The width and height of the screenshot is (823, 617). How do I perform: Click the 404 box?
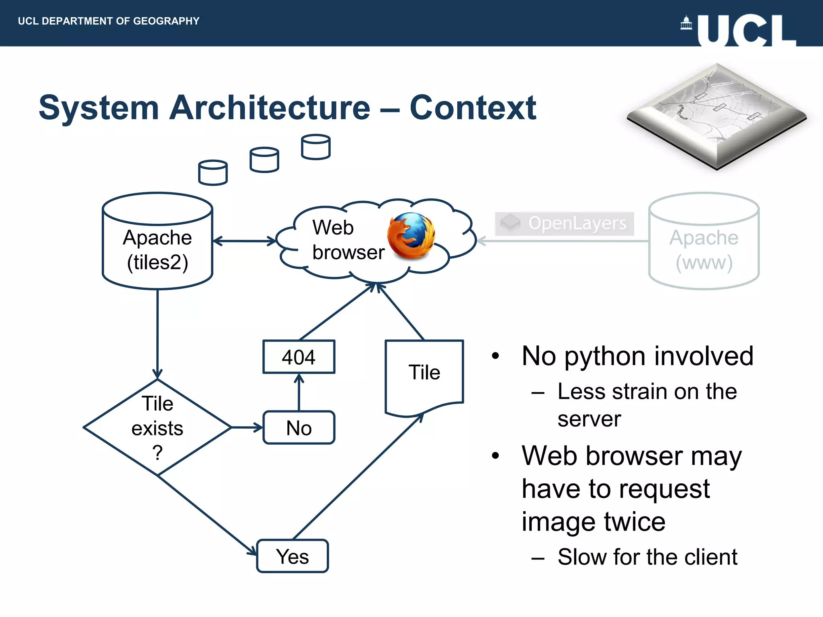[299, 357]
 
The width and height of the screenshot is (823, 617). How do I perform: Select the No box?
[299, 427]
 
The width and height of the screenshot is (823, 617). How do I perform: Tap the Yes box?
[293, 556]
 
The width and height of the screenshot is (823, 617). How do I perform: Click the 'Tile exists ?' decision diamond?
[157, 427]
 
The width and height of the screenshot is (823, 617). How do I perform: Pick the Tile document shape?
[424, 376]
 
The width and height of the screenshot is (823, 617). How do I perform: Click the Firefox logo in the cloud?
[411, 235]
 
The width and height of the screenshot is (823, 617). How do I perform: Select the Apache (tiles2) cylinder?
[157, 245]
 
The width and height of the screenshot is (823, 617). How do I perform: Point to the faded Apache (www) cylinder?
[704, 245]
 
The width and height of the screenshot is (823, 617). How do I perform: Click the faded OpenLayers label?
[564, 223]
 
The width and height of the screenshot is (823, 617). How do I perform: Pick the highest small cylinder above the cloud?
[315, 147]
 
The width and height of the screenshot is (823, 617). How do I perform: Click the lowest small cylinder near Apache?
[213, 173]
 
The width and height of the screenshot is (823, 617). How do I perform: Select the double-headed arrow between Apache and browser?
[244, 241]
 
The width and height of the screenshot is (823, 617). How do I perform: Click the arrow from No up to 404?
[299, 392]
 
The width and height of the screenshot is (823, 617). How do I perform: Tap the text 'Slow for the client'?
[647, 557]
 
